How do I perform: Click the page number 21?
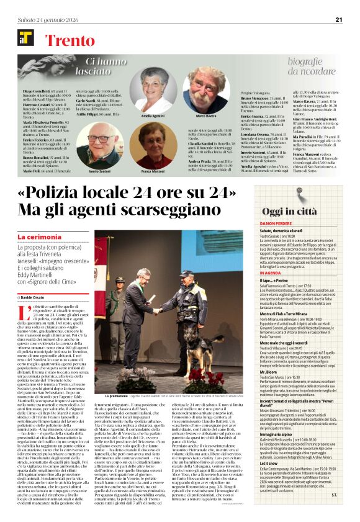click(x=338, y=19)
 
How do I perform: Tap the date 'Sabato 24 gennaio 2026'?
click(x=43, y=19)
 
